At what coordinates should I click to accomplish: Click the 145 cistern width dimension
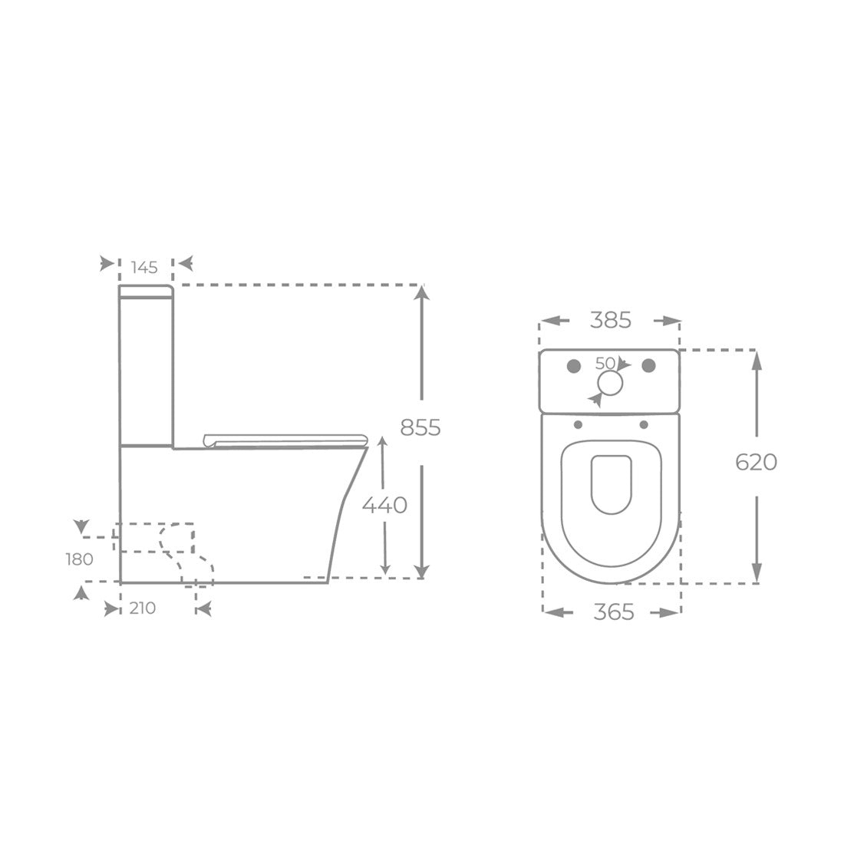144,267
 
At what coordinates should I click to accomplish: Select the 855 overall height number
420,427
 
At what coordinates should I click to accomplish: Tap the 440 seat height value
384,505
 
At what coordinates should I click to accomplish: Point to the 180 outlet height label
79,559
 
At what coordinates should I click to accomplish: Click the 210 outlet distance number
143,608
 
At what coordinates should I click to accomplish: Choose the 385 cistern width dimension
610,320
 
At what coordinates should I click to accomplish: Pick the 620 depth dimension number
756,462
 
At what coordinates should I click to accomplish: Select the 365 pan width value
614,612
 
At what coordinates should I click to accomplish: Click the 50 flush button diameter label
605,362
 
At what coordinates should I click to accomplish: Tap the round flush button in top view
611,384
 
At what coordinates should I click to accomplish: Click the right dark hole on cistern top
650,364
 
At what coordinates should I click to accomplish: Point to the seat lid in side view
284,439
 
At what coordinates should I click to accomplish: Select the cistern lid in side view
146,291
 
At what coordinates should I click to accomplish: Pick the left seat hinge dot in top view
577,425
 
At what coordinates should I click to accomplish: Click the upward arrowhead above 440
384,445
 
